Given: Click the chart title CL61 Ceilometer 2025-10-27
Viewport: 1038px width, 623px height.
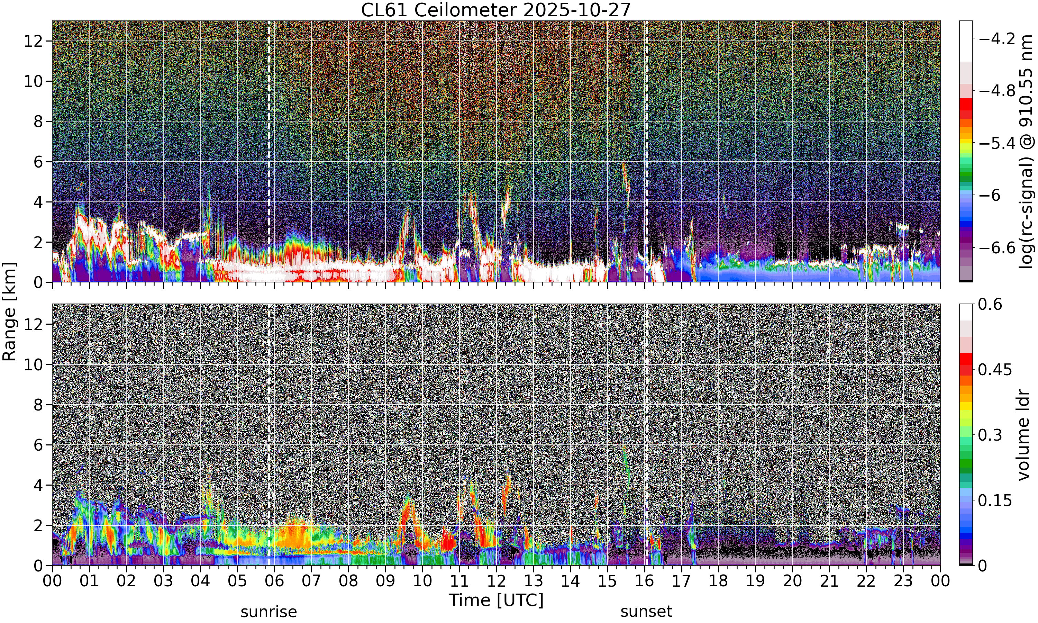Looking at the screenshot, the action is pos(496,10).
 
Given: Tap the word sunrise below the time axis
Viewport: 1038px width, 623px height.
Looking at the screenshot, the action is pos(268,612).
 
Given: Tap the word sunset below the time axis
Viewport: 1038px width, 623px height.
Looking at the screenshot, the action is pos(646,612).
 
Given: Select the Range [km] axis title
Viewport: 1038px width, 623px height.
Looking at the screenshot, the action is pos(9,311).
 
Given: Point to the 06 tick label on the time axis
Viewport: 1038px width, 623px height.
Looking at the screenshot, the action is pos(274,581).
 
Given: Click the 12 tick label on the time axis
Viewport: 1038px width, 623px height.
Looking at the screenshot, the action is pos(497,581).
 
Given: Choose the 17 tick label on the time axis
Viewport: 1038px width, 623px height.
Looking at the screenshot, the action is pos(681,581).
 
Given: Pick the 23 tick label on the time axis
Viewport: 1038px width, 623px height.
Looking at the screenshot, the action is pos(903,581).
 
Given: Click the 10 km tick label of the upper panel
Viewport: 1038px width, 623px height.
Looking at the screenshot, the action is pos(33,81).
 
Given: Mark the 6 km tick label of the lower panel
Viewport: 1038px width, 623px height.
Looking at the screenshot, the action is pos(38,445).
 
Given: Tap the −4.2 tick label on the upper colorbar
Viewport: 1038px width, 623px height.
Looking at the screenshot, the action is pos(997,39).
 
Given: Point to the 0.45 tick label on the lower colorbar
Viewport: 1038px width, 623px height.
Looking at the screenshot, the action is pos(995,369).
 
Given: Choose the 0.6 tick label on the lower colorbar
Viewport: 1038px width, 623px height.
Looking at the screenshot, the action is pos(990,304).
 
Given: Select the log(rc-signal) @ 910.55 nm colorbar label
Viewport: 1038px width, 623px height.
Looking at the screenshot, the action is pos(1026,152).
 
